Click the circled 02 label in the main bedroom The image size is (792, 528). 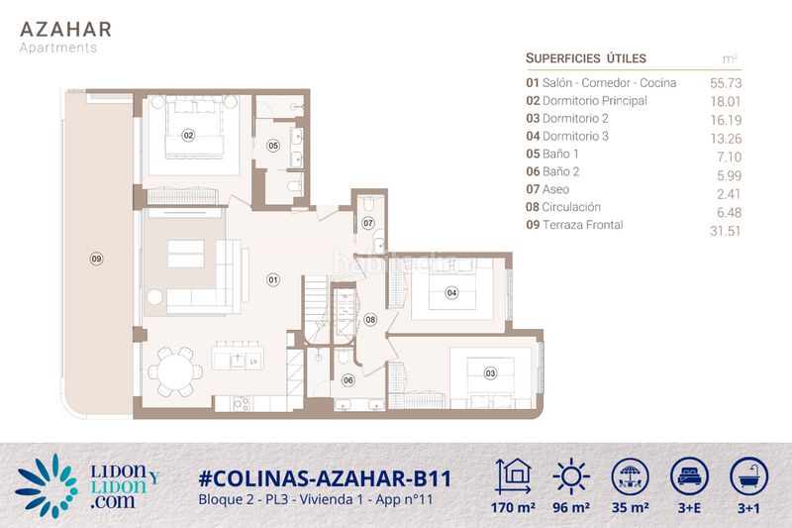(x=188, y=135)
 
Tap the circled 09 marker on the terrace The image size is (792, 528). (x=96, y=259)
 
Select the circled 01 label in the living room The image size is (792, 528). (x=273, y=279)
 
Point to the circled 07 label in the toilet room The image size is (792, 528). (x=368, y=223)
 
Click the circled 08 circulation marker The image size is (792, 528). (x=370, y=319)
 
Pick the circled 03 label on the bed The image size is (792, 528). (x=490, y=373)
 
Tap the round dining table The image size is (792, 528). (x=175, y=371)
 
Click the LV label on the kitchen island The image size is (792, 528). (x=253, y=362)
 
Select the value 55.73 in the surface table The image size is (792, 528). (x=726, y=83)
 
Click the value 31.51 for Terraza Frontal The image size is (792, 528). (x=725, y=231)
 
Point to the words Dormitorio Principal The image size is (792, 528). (x=595, y=100)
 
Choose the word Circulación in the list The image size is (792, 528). (x=571, y=207)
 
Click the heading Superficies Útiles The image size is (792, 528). (x=586, y=58)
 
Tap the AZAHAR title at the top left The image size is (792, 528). (x=65, y=30)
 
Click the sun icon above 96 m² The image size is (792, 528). (x=571, y=476)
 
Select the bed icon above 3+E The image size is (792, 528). (x=689, y=476)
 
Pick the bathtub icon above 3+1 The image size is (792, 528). (x=748, y=476)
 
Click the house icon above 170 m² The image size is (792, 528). (x=513, y=476)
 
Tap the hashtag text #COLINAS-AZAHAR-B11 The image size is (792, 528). (x=325, y=478)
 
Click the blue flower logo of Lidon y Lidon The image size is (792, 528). (x=47, y=485)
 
